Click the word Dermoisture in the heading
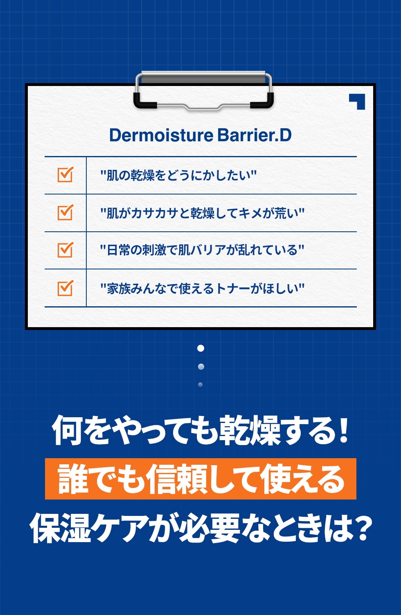tap(161, 135)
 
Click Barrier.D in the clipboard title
tap(254, 135)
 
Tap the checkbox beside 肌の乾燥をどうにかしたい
tap(65, 174)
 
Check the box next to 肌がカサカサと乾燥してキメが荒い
tap(65, 212)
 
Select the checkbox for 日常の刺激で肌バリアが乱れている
tap(65, 250)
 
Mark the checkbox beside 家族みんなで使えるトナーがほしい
tap(65, 288)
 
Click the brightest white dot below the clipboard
tap(201, 348)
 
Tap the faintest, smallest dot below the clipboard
tap(200, 384)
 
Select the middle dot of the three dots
tap(201, 366)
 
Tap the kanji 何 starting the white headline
tap(67, 430)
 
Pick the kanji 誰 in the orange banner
tap(73, 479)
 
